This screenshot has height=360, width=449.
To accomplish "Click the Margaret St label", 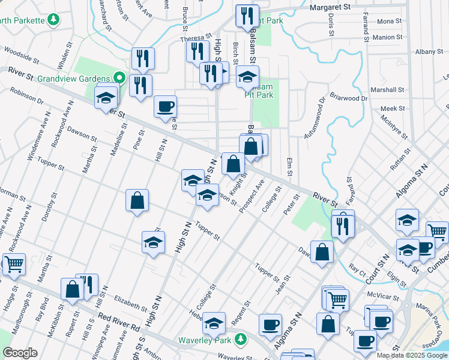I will [x=330, y=7].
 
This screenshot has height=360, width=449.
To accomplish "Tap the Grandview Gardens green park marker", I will [x=119, y=79].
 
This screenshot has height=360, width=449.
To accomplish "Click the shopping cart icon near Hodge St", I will [x=14, y=263].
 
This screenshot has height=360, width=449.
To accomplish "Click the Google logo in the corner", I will [x=20, y=353].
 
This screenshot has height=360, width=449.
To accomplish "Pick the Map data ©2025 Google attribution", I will [x=412, y=355].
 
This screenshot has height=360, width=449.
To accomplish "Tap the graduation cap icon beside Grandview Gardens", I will [x=106, y=97].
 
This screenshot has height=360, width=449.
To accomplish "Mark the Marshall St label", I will [x=388, y=90].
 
